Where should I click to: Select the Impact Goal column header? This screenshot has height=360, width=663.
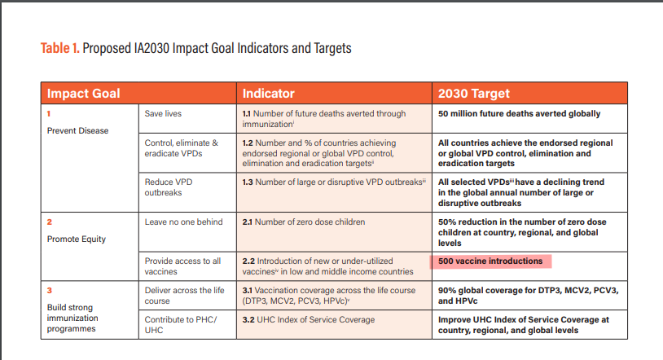(83, 93)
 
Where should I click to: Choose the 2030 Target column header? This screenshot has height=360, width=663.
(474, 93)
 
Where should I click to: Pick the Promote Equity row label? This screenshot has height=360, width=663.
(76, 239)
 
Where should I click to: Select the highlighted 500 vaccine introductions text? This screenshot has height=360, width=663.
(490, 261)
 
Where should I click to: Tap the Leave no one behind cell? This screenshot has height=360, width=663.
(184, 222)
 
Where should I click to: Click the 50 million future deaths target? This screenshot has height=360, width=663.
(519, 114)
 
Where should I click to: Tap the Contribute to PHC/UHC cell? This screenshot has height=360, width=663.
(179, 326)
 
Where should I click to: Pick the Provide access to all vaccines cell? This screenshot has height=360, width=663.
(183, 266)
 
